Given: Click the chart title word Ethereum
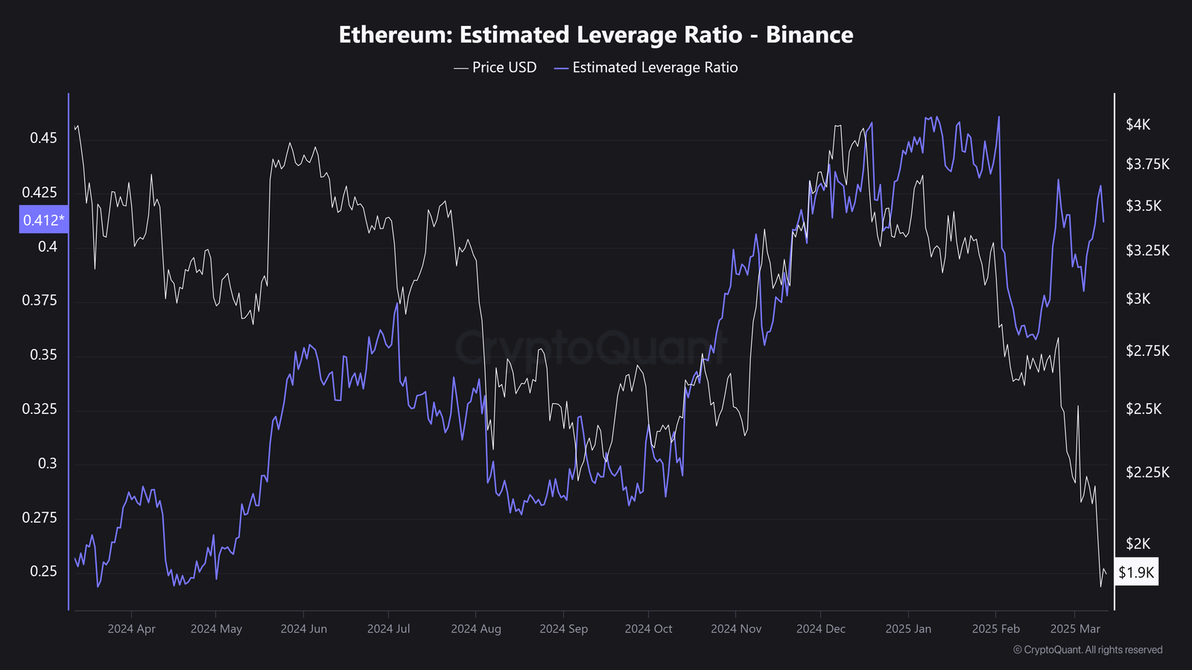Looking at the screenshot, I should pos(394,35).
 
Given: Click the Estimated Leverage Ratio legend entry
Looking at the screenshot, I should pos(646,68).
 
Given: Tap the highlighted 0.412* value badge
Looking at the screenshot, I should pos(43,220).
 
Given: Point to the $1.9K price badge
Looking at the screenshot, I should pos(1136,572).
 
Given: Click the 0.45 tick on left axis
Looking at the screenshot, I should pos(43,138).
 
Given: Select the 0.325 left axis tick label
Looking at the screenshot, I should pos(39,409).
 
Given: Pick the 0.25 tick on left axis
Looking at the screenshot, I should pos(43,571).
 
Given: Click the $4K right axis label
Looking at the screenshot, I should pos(1138,124).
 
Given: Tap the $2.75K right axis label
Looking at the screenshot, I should pos(1147,351).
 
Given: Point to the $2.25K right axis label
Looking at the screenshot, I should pos(1147,472).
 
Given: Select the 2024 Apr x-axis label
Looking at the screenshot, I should pos(131,629).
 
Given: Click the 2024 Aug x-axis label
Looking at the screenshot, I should pos(476,629).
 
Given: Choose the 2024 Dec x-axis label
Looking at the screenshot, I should pos(820,629).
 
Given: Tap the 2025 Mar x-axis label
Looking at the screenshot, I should pos(1074,629).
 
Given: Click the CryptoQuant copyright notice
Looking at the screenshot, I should pos(1087,650).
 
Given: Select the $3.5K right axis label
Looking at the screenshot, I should pos(1144,206).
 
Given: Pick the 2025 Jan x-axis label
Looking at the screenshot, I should pos(908,629).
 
